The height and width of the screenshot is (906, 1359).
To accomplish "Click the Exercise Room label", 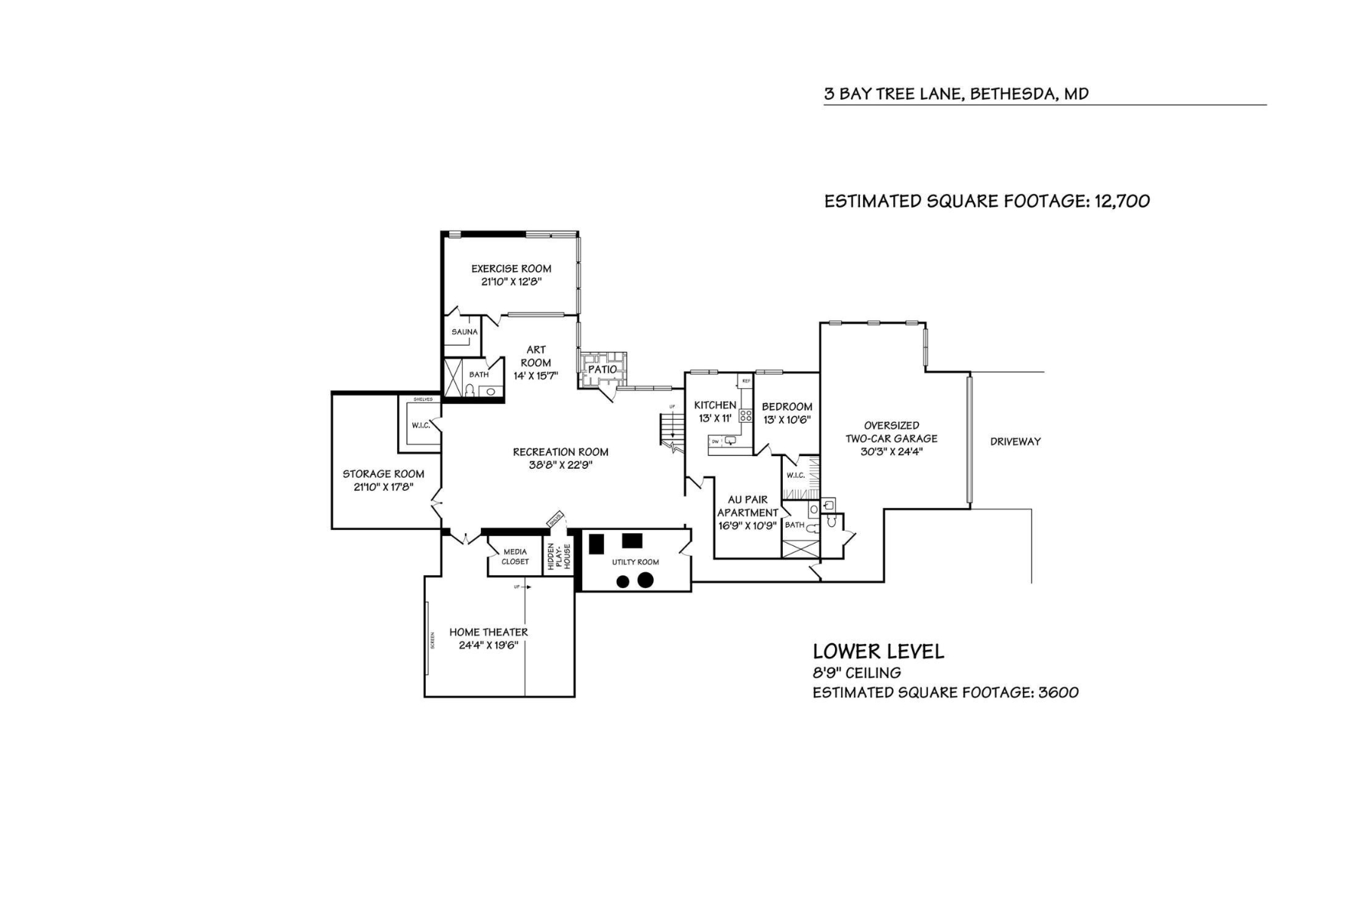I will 511,269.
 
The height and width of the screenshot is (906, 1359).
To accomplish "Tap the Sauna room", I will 464,332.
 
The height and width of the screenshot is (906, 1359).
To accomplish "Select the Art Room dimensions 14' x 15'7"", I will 535,376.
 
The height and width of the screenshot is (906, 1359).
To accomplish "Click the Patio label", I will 602,369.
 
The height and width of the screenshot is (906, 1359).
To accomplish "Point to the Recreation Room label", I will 560,452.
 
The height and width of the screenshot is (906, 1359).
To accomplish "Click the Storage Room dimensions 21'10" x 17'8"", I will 384,488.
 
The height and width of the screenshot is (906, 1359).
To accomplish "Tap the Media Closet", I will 515,556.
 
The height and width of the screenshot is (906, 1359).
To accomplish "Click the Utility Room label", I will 635,562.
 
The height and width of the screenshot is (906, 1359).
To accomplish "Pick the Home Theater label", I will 488,632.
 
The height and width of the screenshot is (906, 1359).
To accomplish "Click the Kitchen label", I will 714,405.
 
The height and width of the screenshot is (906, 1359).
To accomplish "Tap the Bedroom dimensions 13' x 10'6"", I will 787,420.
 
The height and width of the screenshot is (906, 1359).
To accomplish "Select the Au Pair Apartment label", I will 747,506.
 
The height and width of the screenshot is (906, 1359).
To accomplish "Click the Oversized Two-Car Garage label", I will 891,432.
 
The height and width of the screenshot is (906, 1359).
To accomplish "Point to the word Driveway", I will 1015,442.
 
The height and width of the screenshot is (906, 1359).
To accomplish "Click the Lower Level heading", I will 877,652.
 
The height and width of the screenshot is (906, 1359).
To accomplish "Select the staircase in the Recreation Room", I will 670,430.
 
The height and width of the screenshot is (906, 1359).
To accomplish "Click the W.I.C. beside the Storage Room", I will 421,426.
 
